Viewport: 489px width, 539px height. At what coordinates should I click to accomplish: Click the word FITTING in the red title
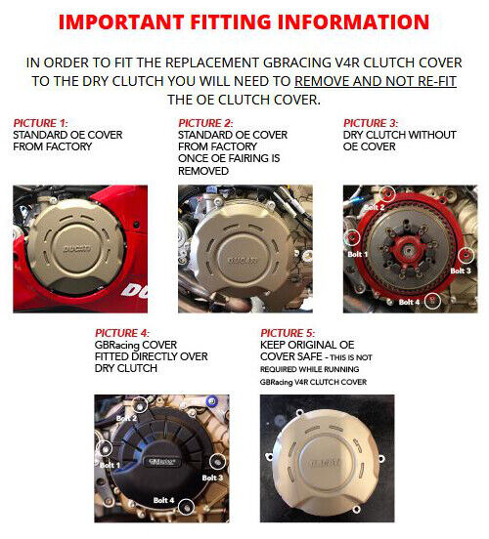[x=231, y=21]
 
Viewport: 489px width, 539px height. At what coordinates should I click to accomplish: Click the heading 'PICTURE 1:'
[x=40, y=123]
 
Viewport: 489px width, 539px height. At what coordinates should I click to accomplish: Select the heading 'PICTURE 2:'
[x=205, y=123]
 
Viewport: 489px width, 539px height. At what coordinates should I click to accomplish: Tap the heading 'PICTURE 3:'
[x=371, y=123]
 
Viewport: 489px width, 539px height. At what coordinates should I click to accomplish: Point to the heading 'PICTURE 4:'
[x=122, y=333]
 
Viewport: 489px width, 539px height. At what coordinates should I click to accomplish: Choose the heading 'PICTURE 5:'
[x=288, y=333]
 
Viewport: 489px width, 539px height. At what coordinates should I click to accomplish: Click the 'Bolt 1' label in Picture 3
[x=357, y=255]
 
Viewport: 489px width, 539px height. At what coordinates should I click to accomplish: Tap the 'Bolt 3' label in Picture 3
[x=461, y=270]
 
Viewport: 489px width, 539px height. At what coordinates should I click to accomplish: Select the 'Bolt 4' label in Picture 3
[x=409, y=302]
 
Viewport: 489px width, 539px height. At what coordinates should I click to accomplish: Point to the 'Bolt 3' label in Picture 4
[x=212, y=477]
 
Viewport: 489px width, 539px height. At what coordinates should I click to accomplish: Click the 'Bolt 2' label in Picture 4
[x=126, y=418]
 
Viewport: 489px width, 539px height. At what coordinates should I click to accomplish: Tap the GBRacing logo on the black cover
[x=161, y=462]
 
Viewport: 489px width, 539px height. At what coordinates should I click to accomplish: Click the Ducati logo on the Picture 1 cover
[x=77, y=248]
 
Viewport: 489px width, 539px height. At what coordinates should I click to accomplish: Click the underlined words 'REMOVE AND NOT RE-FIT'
[x=376, y=81]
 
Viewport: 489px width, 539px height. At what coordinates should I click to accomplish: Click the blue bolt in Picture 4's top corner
[x=211, y=401]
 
